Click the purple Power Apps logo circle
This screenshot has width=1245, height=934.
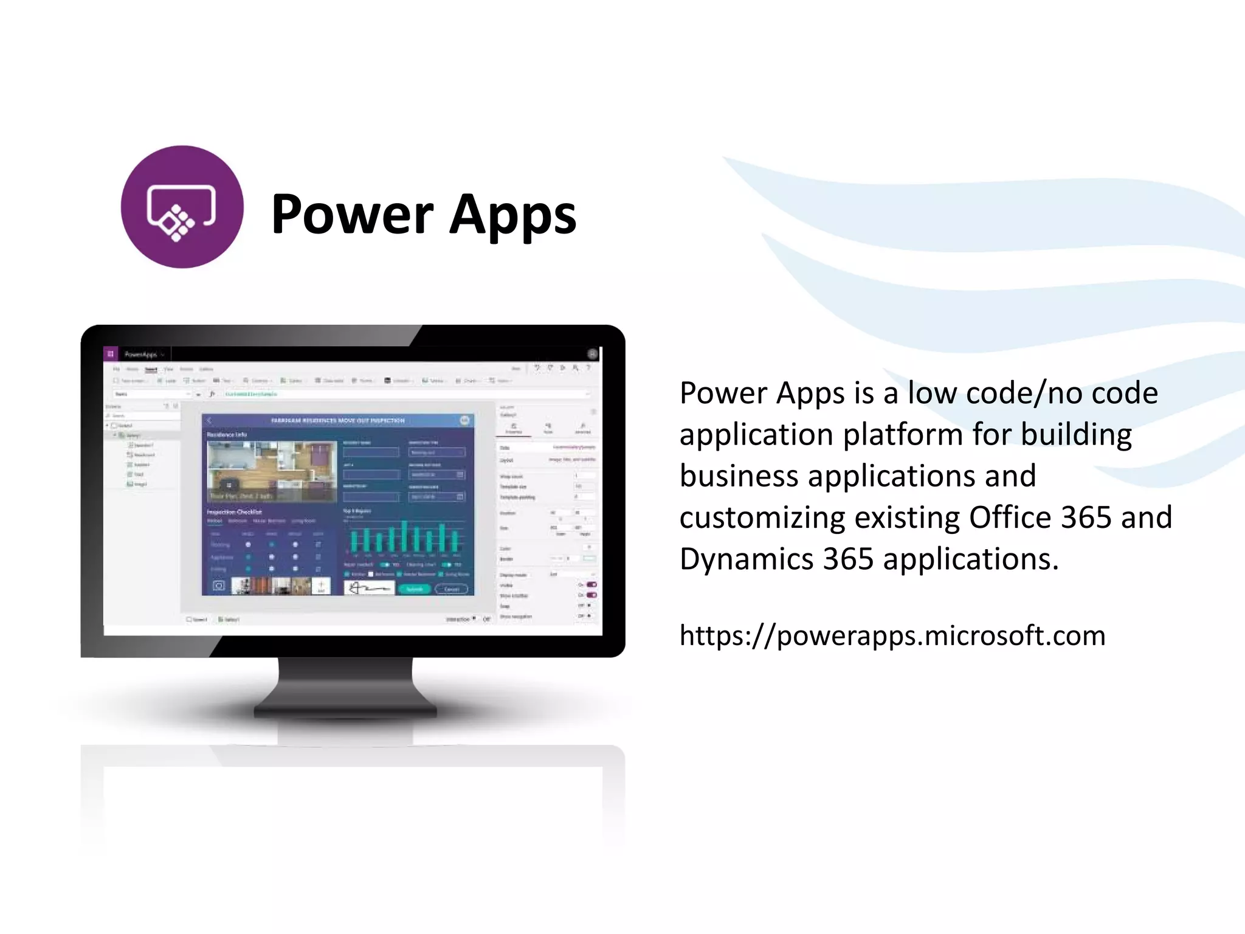click(x=182, y=207)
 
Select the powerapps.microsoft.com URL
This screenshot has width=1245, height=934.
click(x=892, y=635)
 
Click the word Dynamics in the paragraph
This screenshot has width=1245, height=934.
click(x=746, y=559)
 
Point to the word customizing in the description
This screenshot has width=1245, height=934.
click(x=762, y=518)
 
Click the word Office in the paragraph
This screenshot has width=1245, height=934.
click(x=1010, y=517)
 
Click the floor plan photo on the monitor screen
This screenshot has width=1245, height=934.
click(x=271, y=471)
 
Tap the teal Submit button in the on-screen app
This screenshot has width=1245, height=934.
click(x=414, y=589)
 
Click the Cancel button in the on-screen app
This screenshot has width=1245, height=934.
click(x=452, y=589)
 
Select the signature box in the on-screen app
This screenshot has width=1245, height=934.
click(x=369, y=588)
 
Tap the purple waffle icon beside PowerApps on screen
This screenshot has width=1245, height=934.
click(x=110, y=354)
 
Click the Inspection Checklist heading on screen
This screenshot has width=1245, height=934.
click(x=234, y=512)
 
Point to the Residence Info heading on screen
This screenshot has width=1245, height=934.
click(x=227, y=435)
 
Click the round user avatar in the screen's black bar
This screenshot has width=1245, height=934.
click(x=592, y=354)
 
